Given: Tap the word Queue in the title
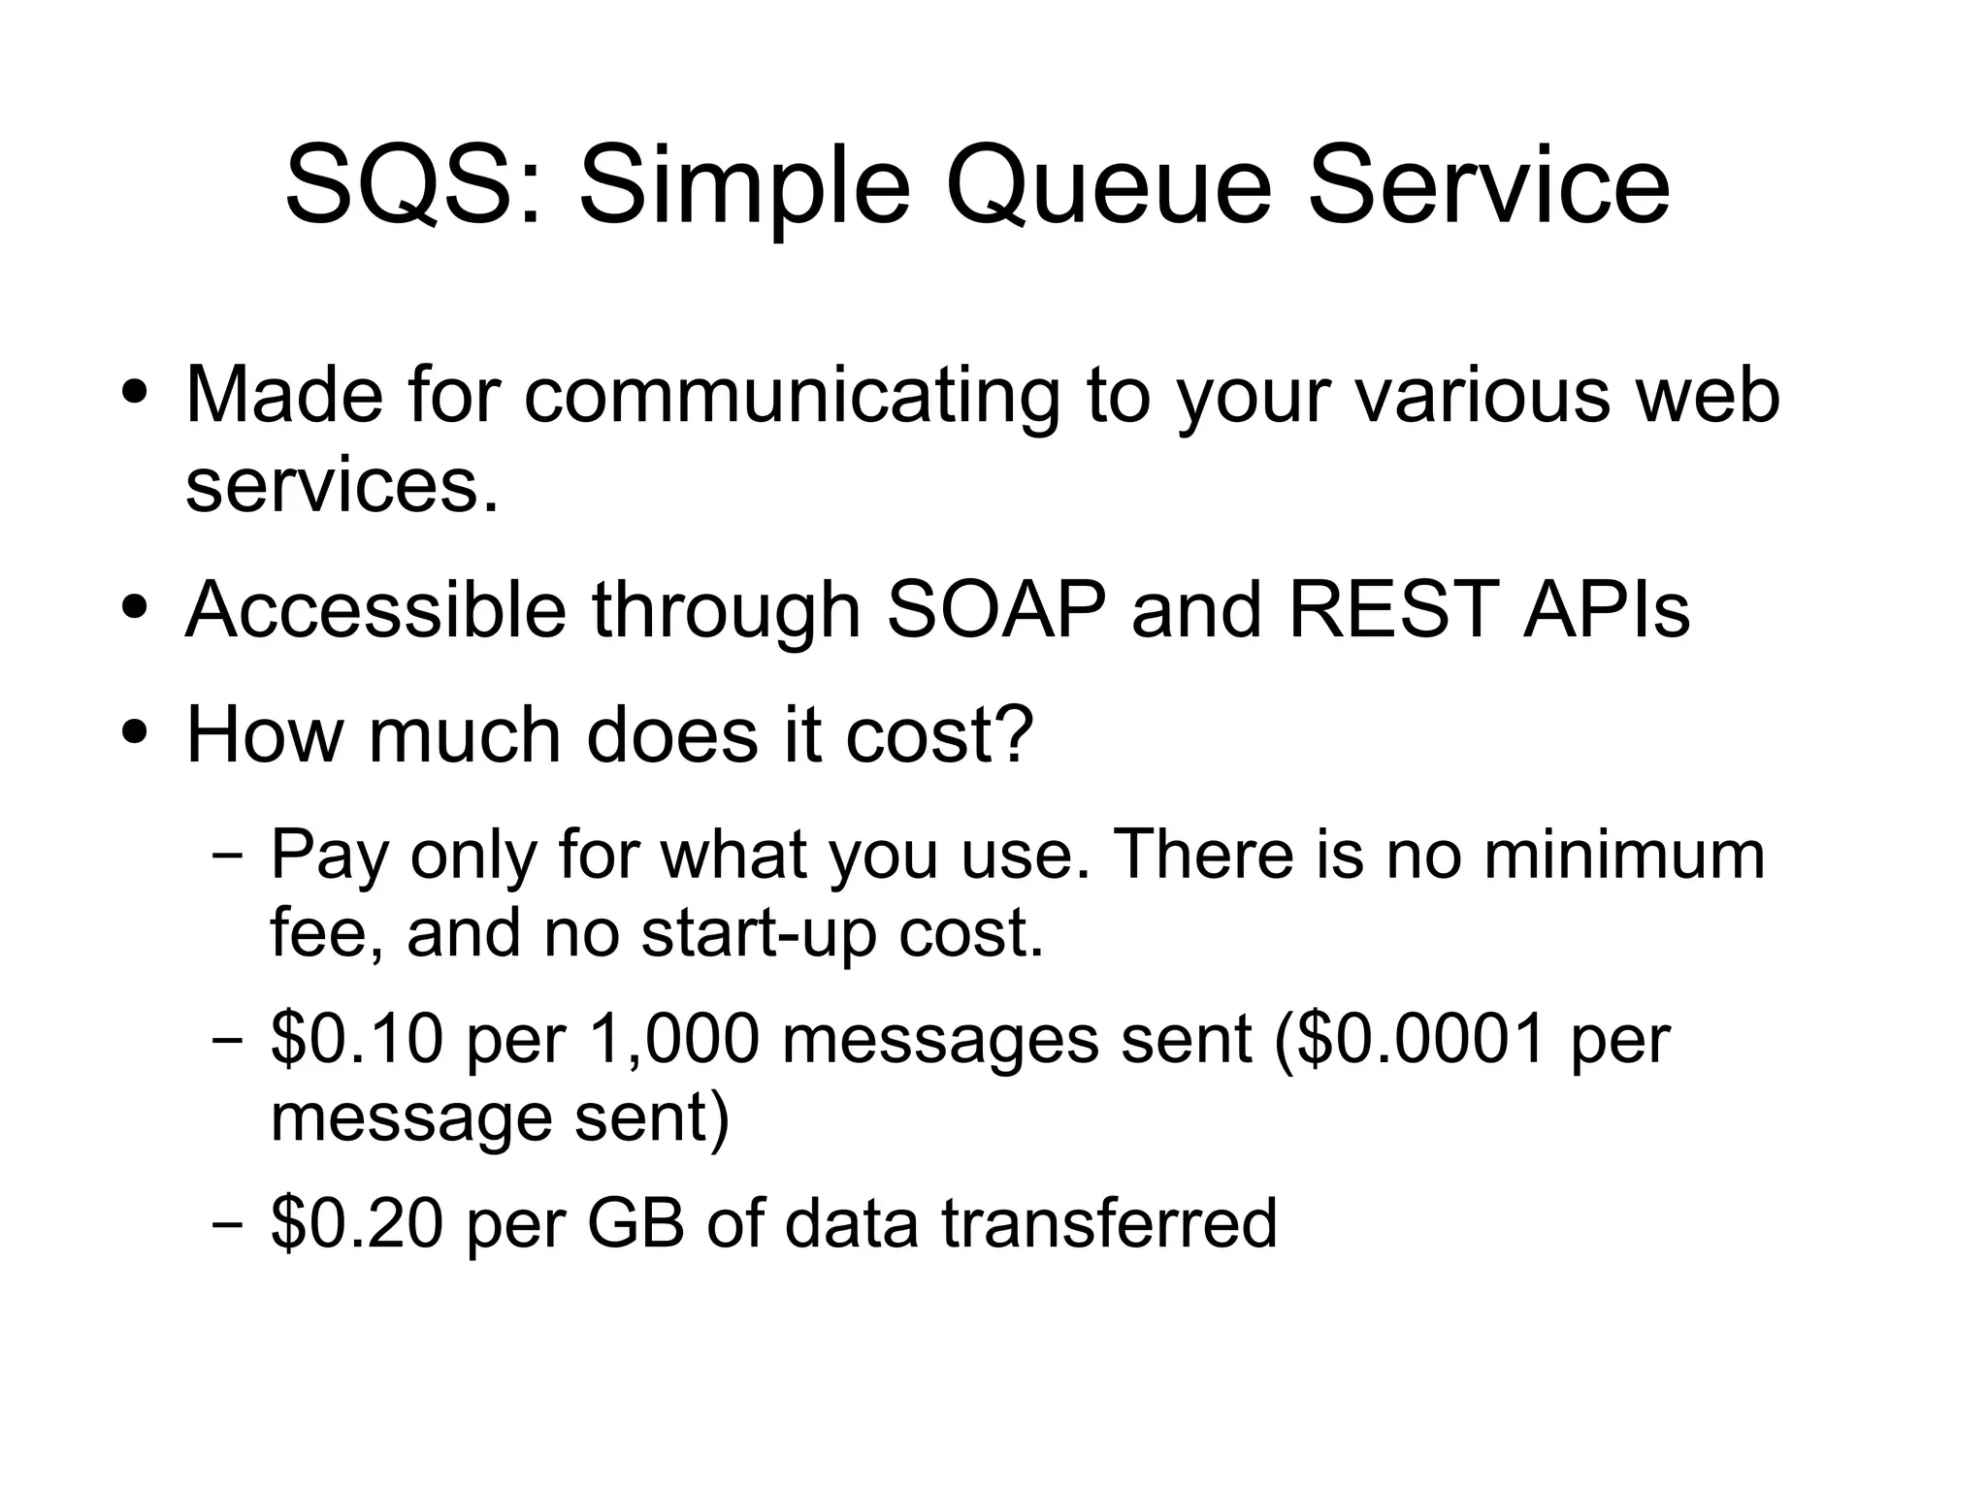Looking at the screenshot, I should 1107,186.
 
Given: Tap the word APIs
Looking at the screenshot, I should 1607,610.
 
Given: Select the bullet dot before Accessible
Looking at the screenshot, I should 136,607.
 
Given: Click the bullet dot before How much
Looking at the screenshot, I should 136,729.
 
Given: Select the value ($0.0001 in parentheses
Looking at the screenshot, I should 1407,1039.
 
